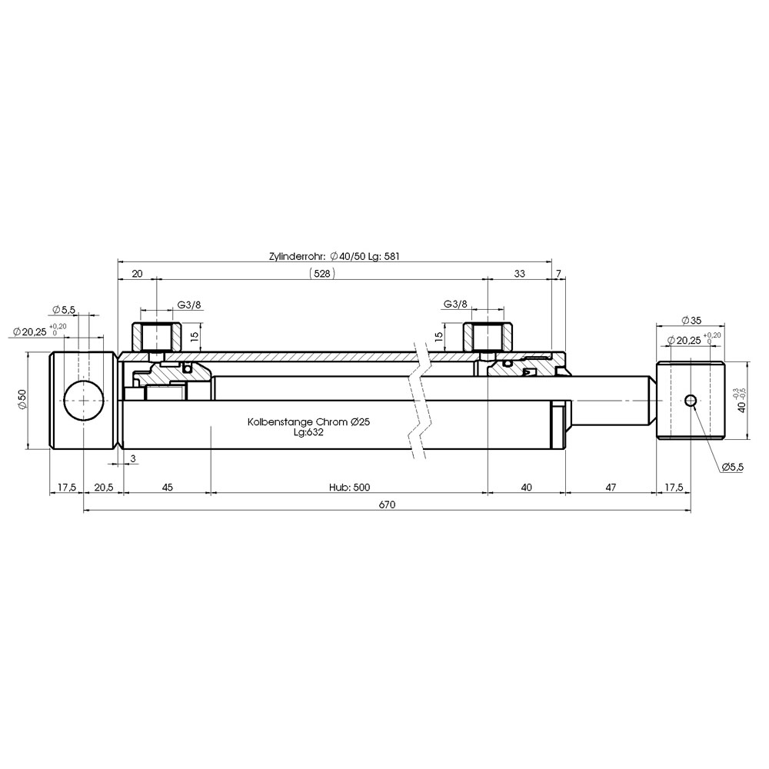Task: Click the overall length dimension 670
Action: tap(387, 504)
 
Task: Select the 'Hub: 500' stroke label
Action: tap(349, 487)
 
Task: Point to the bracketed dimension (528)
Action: tap(322, 273)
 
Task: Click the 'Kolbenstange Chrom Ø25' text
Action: tap(308, 421)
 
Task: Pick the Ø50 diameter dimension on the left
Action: tap(22, 400)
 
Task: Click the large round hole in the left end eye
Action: tap(84, 400)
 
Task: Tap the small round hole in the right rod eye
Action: tap(691, 401)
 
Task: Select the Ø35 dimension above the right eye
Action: tap(691, 320)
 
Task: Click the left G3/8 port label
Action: tap(189, 305)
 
